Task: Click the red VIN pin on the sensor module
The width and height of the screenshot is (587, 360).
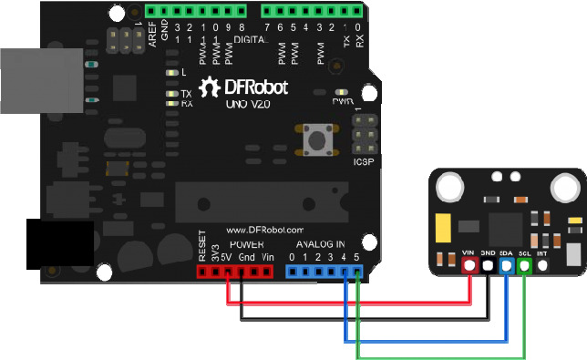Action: [x=470, y=266]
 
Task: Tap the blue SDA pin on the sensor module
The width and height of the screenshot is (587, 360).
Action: [x=506, y=266]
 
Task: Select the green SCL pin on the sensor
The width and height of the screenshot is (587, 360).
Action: [x=525, y=266]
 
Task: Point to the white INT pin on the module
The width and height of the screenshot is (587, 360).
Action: [x=543, y=266]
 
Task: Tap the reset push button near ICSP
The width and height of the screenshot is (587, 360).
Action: [x=319, y=141]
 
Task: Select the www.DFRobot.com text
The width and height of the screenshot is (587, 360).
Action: [x=263, y=231]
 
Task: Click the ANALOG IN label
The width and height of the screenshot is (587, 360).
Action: [x=320, y=245]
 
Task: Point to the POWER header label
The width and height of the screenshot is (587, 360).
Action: [x=246, y=245]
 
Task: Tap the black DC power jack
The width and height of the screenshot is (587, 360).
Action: [x=59, y=244]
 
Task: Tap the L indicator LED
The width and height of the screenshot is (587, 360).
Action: [x=171, y=72]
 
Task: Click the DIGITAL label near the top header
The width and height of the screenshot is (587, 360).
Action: [x=247, y=41]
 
